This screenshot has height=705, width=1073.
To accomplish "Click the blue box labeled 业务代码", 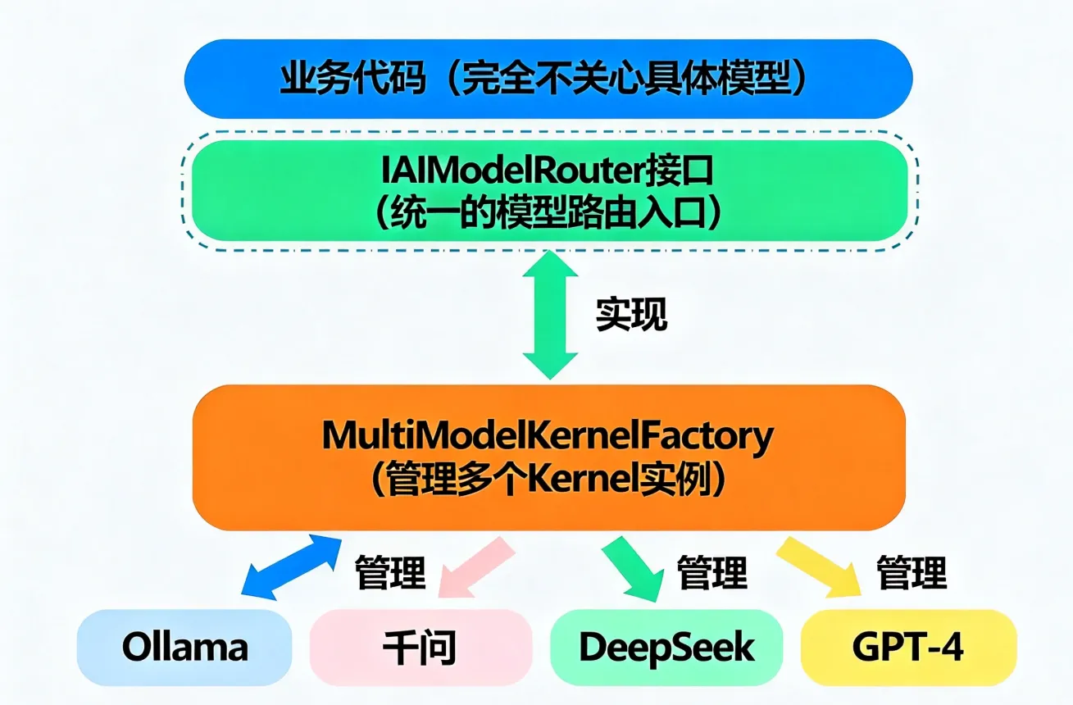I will [x=548, y=79].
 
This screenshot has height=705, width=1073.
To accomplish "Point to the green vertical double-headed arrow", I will [x=550, y=315].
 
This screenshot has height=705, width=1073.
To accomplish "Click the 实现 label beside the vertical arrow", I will [x=631, y=315].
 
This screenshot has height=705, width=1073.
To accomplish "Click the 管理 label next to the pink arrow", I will [x=390, y=571].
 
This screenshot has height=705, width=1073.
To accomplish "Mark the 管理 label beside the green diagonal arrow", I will [x=712, y=571].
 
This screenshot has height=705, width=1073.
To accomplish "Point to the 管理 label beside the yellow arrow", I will [x=912, y=571].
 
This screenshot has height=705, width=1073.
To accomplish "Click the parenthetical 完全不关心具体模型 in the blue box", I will [x=623, y=79].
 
